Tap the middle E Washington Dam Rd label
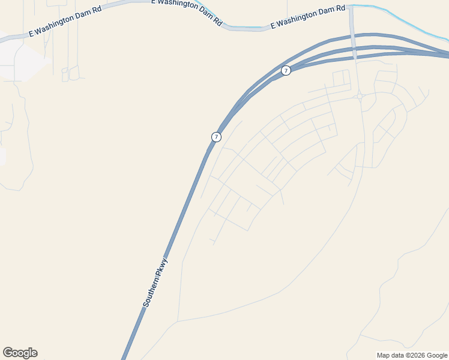click(x=186, y=11)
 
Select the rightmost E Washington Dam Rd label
click(x=308, y=17)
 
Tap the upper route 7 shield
click(x=286, y=71)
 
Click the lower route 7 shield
click(x=216, y=137)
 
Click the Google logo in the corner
click(x=20, y=353)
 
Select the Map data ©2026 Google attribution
click(x=412, y=355)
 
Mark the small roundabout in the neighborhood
click(x=359, y=96)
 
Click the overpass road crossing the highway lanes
click(x=354, y=45)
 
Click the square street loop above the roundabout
click(x=341, y=78)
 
